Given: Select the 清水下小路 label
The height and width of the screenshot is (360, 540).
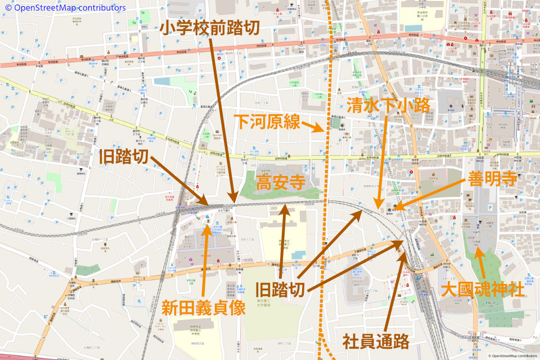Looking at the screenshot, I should [x=389, y=105].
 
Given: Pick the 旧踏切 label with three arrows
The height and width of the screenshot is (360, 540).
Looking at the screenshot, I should [x=281, y=289].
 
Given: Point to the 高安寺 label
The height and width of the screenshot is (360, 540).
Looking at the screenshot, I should [x=281, y=183].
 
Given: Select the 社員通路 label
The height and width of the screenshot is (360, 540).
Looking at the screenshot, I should [x=376, y=340].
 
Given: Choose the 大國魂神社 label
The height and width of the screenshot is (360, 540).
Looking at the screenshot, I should [x=483, y=290].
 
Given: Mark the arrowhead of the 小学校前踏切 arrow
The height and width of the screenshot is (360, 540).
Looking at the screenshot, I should [x=233, y=201].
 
